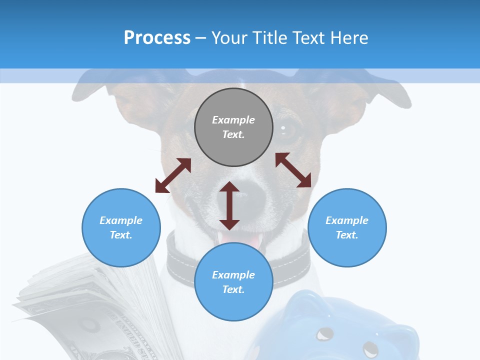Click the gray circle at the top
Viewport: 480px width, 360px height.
pos(233,127)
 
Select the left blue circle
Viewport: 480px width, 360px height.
pos(121,227)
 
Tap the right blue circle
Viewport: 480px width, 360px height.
pos(347,227)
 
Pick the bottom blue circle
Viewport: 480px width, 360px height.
pos(233,282)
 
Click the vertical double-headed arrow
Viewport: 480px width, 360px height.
pos(229,205)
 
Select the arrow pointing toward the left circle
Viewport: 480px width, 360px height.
pos(173,175)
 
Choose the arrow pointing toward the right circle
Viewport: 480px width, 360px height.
pos(293,170)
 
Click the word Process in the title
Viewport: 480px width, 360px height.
pos(157,38)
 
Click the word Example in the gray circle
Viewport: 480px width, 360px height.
pos(233,120)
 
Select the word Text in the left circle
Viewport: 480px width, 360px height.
pos(121,235)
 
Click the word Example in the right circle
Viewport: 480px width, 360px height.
pos(347,220)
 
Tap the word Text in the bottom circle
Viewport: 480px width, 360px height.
pos(233,289)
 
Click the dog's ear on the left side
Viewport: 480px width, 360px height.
pos(95,90)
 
